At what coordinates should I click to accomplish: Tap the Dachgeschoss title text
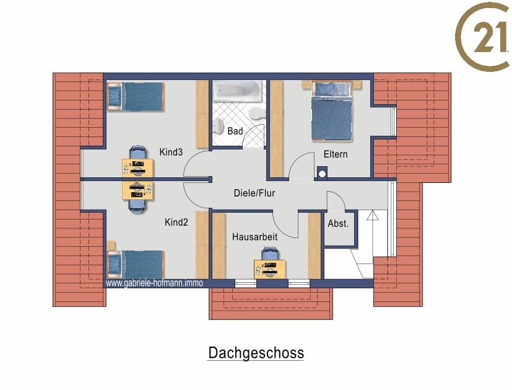coord(256,353)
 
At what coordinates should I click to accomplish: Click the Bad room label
coord(235,131)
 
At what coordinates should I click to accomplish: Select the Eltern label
coord(336,154)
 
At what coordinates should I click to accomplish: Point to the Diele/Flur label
coord(254,193)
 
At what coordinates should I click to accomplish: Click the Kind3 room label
coord(171,152)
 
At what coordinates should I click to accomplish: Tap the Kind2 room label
coord(176,223)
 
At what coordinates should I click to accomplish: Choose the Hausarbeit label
coord(254,237)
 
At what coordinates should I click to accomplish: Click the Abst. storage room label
coord(338,224)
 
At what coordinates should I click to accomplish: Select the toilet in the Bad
coord(219,126)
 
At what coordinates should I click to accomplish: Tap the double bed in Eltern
coord(332,111)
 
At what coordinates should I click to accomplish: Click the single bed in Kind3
coord(136,97)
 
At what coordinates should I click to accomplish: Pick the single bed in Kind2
coord(136,264)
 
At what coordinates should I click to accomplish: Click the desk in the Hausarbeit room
coord(270,269)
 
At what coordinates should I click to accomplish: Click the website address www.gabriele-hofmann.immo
coord(154,283)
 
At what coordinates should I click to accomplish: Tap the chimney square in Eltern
coord(322,174)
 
